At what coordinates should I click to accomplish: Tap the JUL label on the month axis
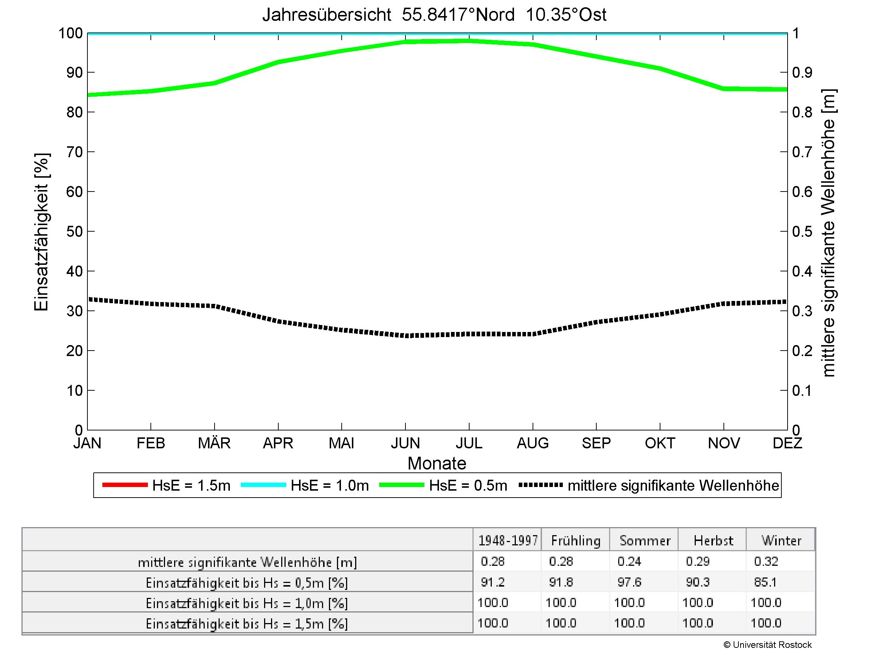[x=469, y=443]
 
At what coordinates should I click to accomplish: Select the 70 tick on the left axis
[x=74, y=152]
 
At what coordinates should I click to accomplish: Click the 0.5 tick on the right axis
[x=802, y=231]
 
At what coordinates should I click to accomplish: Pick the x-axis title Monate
[x=437, y=463]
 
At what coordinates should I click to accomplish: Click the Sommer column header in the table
[x=645, y=541]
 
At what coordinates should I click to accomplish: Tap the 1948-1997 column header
[x=508, y=541]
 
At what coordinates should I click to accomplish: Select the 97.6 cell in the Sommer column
[x=629, y=582]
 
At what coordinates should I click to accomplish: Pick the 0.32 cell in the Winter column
[x=766, y=561]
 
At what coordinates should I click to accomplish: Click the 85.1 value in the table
[x=765, y=582]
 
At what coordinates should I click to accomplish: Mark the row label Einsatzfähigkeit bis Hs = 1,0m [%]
[x=247, y=603]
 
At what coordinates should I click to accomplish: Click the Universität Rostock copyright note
[x=768, y=645]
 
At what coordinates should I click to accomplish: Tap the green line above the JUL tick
[x=469, y=41]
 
